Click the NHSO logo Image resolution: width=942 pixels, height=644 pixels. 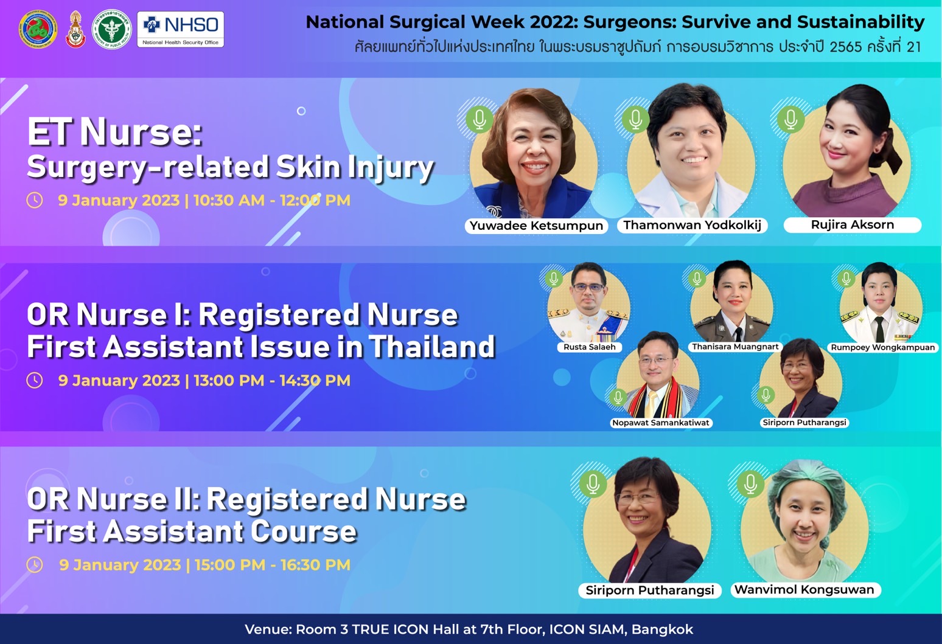[x=180, y=29]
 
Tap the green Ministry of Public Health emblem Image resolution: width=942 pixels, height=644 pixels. [x=111, y=29]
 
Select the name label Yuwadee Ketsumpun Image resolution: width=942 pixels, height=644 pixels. [x=536, y=226]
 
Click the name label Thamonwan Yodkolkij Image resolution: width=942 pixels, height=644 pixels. [x=693, y=226]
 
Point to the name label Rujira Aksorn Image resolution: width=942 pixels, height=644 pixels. [x=853, y=225]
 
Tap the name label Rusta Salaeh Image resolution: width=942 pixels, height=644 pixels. [x=589, y=347]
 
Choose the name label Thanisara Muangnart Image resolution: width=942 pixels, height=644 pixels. [x=735, y=347]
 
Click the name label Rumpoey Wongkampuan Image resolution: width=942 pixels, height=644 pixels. [x=883, y=348]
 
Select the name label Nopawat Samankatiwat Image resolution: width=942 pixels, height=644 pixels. [x=661, y=423]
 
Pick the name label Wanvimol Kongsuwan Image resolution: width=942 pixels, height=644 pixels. [x=804, y=590]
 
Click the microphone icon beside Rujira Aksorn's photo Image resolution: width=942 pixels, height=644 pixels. [x=790, y=119]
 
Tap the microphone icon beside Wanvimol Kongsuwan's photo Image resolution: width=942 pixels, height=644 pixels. [x=751, y=483]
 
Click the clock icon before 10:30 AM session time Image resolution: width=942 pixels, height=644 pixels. [x=35, y=200]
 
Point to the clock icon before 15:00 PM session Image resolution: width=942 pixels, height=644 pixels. [x=35, y=564]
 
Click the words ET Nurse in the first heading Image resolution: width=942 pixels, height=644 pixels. [x=114, y=133]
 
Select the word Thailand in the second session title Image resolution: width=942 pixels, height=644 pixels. [x=432, y=347]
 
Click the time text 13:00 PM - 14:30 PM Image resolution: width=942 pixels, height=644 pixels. [x=271, y=381]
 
